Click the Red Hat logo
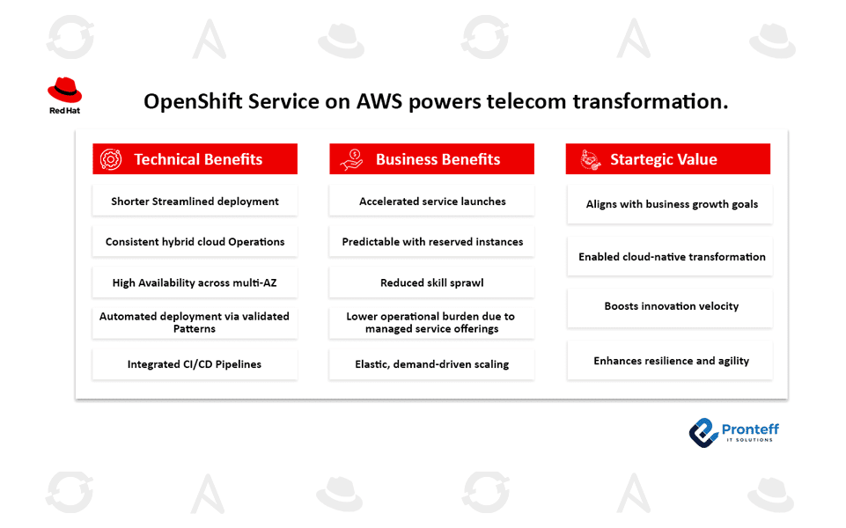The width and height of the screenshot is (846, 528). [64, 95]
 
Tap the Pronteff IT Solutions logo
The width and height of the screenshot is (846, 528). [733, 432]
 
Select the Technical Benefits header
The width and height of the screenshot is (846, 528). [195, 159]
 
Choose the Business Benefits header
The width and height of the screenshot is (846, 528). [431, 159]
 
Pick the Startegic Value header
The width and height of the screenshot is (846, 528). [667, 159]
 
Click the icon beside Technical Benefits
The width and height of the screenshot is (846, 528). [111, 159]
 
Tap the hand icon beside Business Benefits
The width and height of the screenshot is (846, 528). [351, 159]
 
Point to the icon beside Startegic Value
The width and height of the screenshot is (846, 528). [590, 159]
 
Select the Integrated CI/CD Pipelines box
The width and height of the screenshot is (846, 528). [195, 364]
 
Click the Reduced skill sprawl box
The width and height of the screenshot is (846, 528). [431, 282]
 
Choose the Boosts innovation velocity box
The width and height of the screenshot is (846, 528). [671, 306]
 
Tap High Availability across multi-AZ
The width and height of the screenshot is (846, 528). [195, 282]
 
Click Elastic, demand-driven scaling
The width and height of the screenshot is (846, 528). [431, 364]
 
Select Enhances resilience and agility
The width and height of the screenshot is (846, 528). [671, 361]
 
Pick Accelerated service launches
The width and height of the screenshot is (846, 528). [431, 202]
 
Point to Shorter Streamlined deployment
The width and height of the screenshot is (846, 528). [195, 202]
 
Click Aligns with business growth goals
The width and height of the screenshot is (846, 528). [671, 204]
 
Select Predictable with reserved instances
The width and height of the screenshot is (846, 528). [431, 242]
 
